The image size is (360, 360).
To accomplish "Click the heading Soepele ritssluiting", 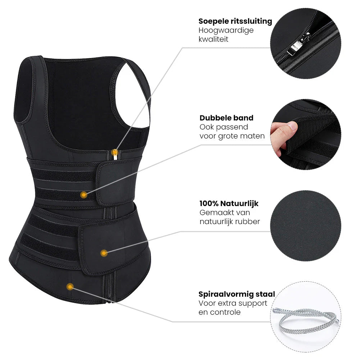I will tap(235, 21).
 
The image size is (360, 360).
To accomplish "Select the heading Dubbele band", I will tap(227, 118).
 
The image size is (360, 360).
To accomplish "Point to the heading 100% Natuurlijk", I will tap(229, 204).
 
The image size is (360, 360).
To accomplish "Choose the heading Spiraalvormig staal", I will tap(237, 294).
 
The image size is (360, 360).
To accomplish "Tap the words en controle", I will tap(219, 312).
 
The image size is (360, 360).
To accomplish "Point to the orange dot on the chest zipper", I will tap(115, 152).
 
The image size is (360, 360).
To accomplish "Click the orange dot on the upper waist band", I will tap(84, 195).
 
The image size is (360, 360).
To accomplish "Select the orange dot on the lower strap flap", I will tap(104, 253).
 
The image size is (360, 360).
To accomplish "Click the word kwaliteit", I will tap(213, 39).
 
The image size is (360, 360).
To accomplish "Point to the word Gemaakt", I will tap(214, 213).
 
